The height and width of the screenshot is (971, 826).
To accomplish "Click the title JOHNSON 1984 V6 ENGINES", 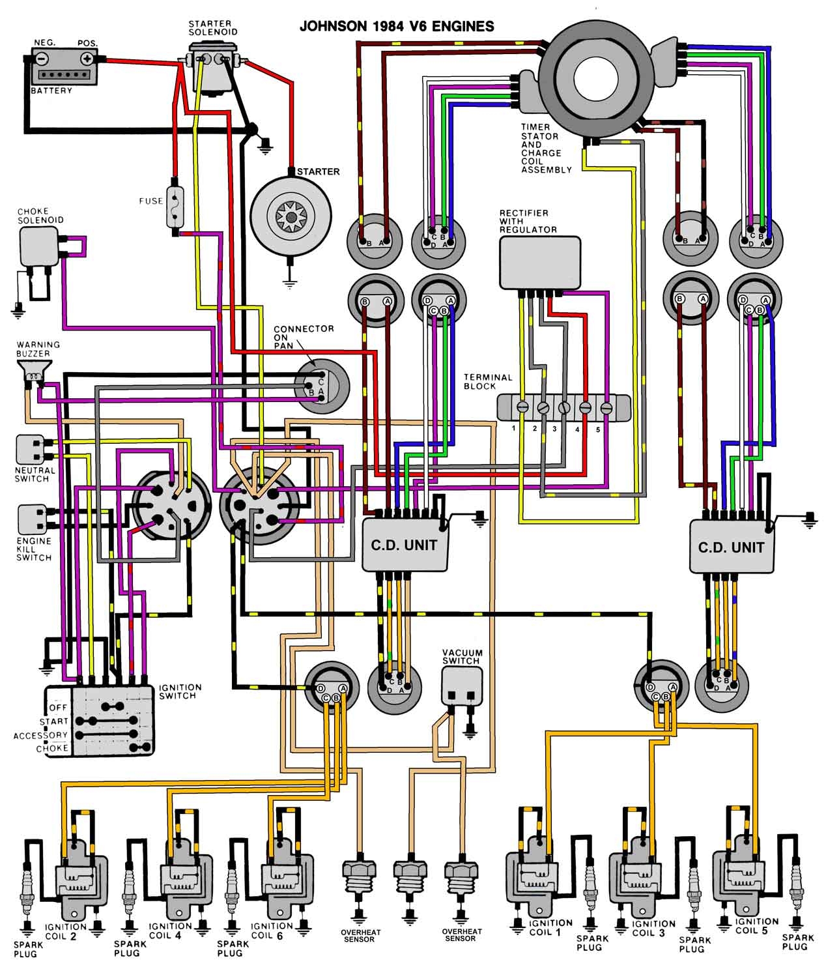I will click(396, 27).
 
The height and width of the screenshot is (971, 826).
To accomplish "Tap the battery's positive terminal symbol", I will click(86, 58).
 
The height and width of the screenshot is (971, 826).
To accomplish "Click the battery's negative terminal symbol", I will click(41, 58).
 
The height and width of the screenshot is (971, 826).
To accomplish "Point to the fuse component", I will click(175, 207).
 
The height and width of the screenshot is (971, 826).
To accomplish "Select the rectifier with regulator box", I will click(539, 262).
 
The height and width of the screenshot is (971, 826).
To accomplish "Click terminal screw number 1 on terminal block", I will click(522, 407).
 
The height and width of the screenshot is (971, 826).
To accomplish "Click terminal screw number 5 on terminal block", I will click(605, 407).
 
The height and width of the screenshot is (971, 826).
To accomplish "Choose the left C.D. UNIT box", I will click(405, 545).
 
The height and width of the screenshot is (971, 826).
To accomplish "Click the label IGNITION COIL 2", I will click(65, 931).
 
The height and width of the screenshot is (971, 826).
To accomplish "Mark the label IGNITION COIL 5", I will click(756, 926).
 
